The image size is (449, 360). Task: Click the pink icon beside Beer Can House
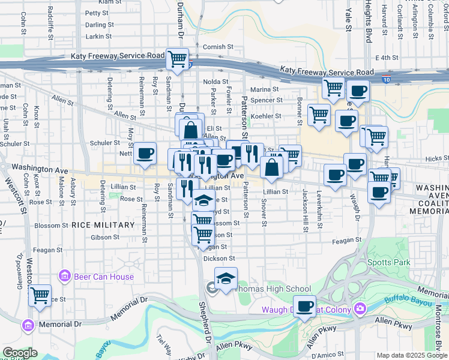(65, 277)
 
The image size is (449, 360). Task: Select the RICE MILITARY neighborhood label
(103, 225)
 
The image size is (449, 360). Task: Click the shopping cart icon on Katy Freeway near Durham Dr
(178, 59)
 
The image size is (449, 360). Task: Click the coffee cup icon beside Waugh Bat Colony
(305, 306)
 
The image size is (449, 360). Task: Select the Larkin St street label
(100, 37)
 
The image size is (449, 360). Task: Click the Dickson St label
(219, 259)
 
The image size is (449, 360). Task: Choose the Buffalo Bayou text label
(418, 308)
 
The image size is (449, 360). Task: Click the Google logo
(20, 353)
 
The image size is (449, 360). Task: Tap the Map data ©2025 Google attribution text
(411, 355)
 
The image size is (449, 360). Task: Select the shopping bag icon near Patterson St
(271, 167)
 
